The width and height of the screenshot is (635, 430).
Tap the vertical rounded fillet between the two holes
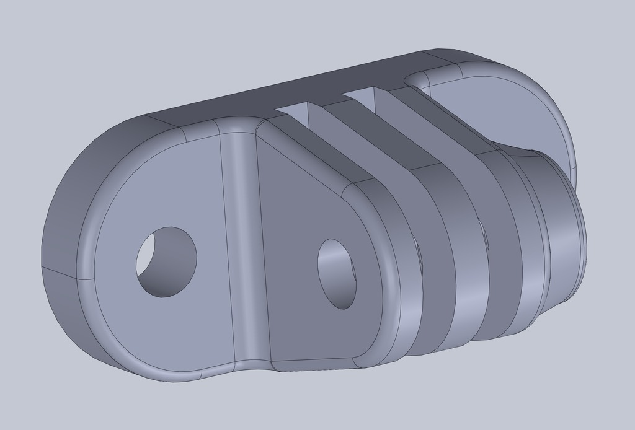244,248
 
